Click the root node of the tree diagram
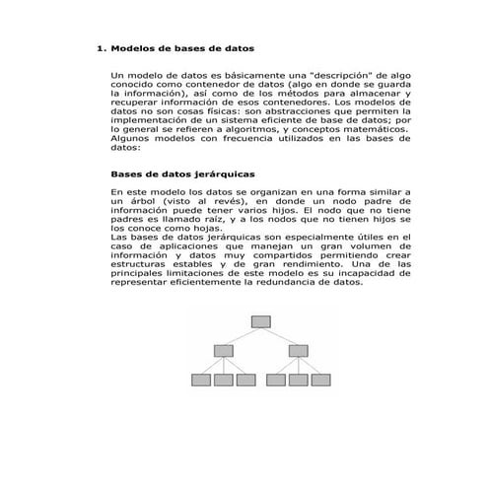click(260, 320)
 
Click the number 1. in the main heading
click(100, 47)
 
